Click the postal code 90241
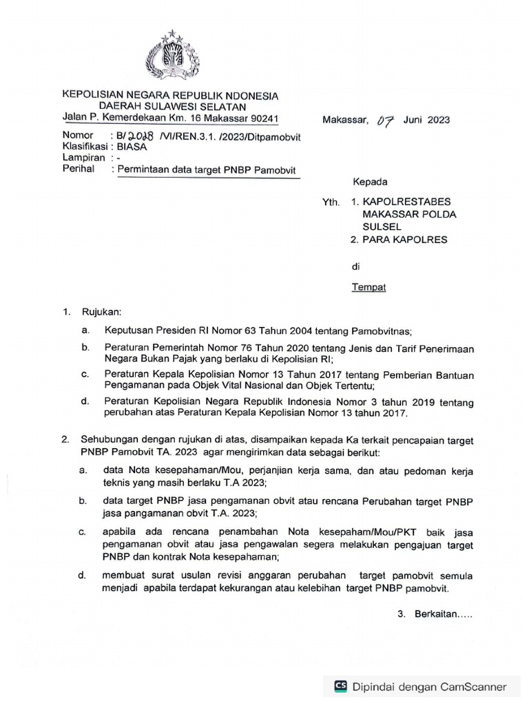262,118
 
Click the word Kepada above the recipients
371,182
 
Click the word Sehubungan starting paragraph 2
111,439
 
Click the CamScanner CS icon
340,686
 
